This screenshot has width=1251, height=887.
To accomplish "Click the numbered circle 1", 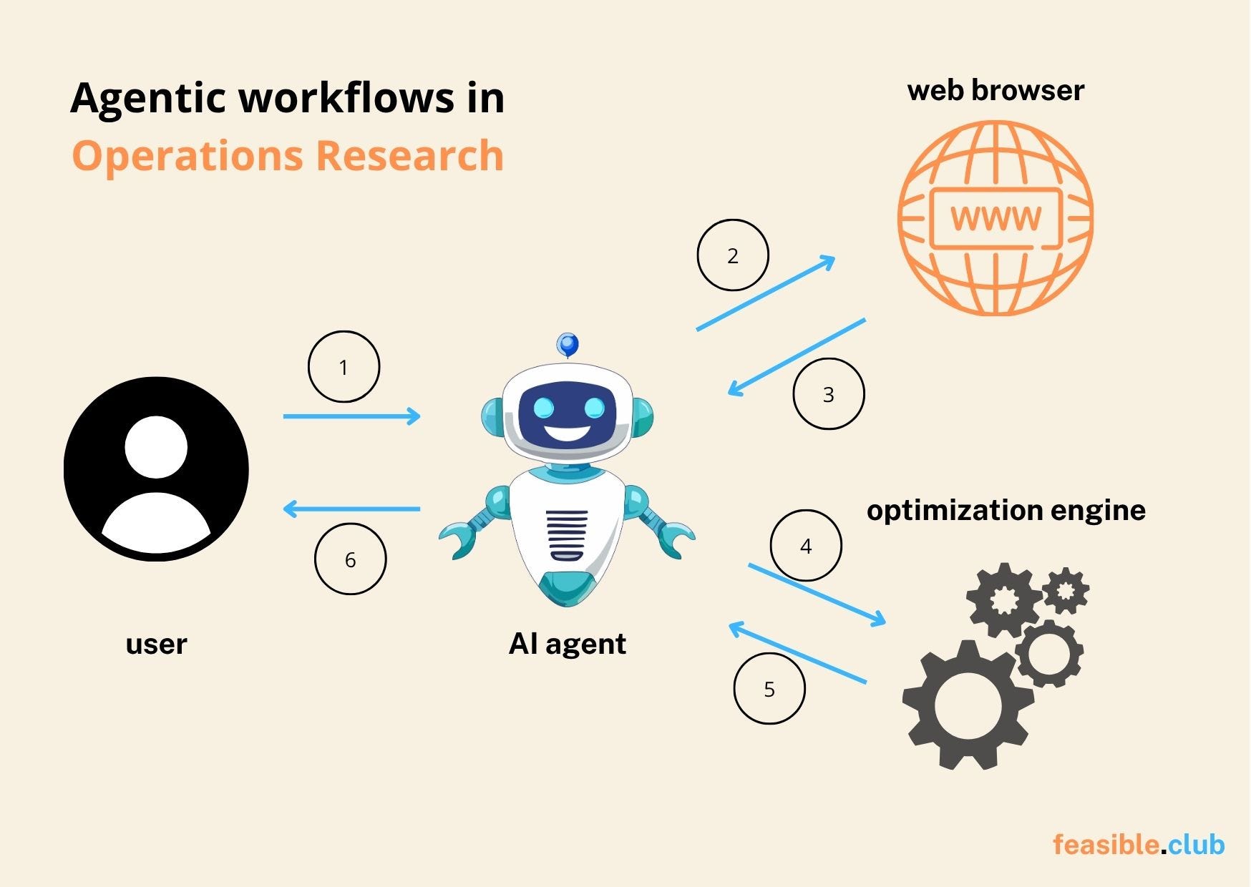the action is click(344, 367).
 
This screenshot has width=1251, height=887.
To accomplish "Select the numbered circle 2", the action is click(732, 255).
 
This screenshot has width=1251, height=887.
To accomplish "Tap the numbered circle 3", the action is click(828, 394).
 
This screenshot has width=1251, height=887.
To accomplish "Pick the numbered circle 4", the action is click(806, 546).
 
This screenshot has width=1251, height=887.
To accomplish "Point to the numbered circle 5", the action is click(769, 689).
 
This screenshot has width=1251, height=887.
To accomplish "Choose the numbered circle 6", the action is click(350, 559).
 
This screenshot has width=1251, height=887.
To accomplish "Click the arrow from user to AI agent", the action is click(351, 416).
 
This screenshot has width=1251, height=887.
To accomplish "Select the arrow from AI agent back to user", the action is click(351, 509).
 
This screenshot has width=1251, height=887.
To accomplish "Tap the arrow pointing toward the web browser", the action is click(766, 293).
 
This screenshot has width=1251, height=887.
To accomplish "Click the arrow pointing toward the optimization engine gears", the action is click(817, 594).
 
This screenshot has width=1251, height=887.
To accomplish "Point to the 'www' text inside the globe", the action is click(996, 218).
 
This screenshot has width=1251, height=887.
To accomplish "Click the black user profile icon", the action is click(156, 469).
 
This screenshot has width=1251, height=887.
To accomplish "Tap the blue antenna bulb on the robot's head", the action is click(568, 345).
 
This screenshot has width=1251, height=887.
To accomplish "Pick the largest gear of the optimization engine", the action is click(968, 705).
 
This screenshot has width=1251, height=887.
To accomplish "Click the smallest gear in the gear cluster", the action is click(1066, 590).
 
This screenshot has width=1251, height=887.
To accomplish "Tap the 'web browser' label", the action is click(996, 91).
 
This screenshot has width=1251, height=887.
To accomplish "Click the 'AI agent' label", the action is click(567, 644).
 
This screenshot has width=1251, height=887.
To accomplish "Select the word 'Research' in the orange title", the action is click(409, 155).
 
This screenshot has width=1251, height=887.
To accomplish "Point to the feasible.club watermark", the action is click(1138, 845).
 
